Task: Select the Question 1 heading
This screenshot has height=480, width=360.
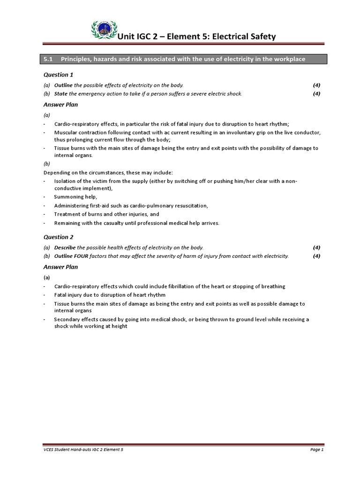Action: [x=58, y=75]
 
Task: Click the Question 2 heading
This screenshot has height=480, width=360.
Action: [x=58, y=237]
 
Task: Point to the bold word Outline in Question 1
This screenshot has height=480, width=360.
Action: [x=63, y=85]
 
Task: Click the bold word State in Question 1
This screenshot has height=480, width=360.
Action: [x=61, y=94]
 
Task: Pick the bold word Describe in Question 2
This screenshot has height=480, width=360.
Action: [x=65, y=247]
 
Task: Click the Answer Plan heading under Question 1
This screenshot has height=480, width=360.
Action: [x=60, y=105]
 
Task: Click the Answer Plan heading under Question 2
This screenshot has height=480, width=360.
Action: [x=60, y=267]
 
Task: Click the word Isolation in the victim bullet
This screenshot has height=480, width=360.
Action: [x=66, y=181]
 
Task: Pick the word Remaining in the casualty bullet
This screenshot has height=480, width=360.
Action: [x=68, y=223]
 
